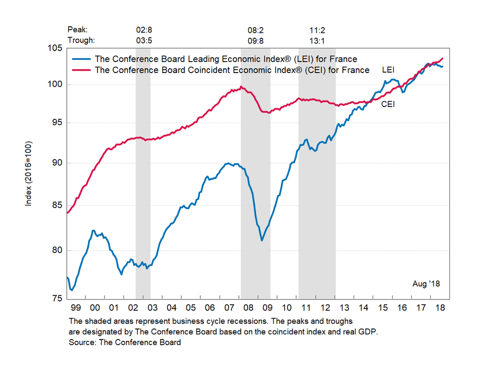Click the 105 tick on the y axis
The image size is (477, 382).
coord(57,48)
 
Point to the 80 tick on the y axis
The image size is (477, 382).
coord(57,250)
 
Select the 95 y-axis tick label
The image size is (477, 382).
coord(57,123)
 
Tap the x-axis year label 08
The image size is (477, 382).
coord(248,307)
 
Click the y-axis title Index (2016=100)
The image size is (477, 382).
coord(29,173)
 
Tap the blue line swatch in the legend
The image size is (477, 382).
coord(82,59)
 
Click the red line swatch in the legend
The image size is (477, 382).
coord(82,70)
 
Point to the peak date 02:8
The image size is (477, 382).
coord(144,30)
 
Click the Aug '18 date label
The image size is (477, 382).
coord(426,284)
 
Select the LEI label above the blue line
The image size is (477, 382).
coord(388,70)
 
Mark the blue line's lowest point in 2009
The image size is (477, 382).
coord(262,240)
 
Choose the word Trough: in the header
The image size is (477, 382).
coord(81,40)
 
